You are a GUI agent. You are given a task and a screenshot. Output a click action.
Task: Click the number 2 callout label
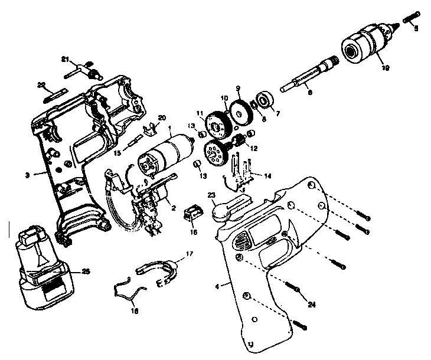pyautogui.click(x=173, y=207)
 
